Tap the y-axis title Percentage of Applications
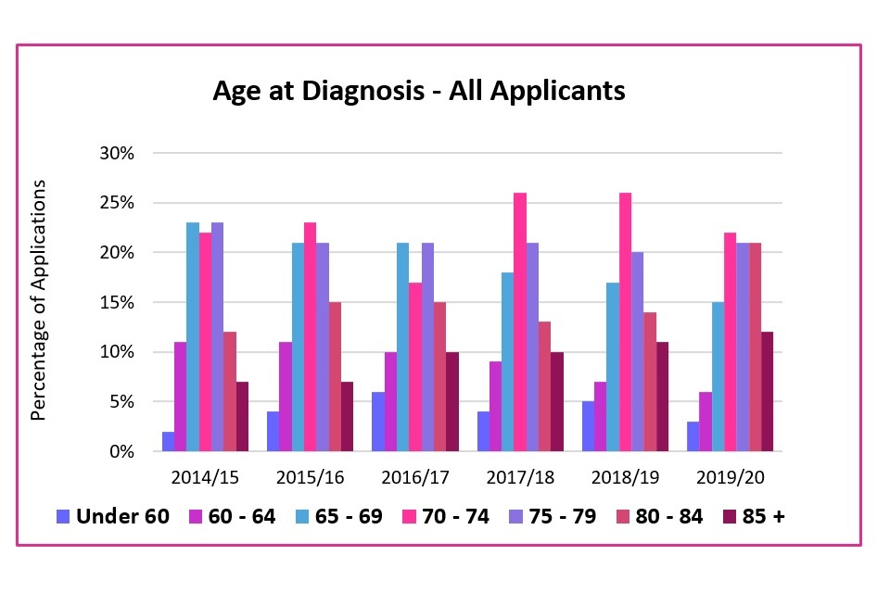point(39,301)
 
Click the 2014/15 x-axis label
point(205,477)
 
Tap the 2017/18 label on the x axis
point(519,477)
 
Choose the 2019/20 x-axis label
point(729,477)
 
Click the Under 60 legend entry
point(113,516)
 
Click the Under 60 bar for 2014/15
point(168,442)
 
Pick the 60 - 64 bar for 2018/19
point(600,417)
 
